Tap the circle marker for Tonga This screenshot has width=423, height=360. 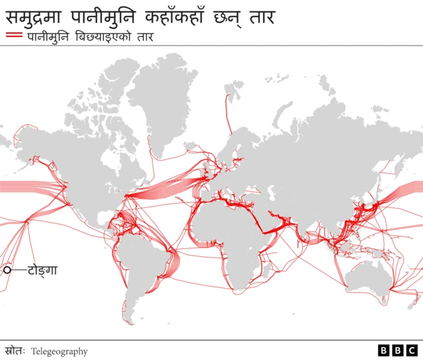coord(8,270)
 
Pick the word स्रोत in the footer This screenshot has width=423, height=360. coord(14,351)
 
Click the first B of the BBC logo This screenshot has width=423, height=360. coord(384,351)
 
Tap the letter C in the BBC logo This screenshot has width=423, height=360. coord(412,351)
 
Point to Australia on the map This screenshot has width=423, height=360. coord(367,274)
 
